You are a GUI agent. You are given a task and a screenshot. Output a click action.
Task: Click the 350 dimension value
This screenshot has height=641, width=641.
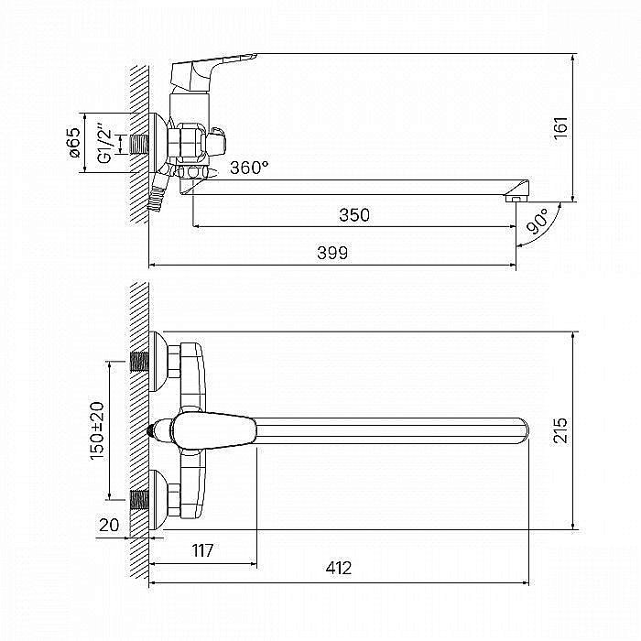[354, 214]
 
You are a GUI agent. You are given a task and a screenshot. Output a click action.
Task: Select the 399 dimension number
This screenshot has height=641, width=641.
[332, 253]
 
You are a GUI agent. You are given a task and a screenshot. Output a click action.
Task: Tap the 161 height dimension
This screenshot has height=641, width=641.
[560, 128]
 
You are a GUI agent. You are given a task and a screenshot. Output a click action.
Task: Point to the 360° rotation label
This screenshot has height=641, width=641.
[249, 168]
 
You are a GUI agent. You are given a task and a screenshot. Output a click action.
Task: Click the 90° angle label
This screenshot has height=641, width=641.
[538, 222]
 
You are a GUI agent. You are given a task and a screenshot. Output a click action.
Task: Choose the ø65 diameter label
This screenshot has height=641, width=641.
[75, 142]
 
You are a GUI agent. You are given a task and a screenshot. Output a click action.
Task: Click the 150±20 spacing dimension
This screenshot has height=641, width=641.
[97, 431]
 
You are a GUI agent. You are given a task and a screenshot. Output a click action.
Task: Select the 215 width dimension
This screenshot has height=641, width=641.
[560, 430]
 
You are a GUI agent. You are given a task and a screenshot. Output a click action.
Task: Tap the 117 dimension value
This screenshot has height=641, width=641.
[202, 550]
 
